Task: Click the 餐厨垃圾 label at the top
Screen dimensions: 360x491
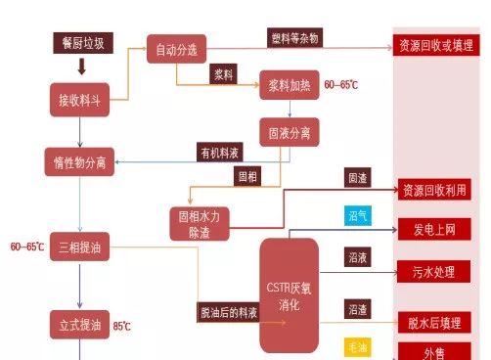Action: pos(81,43)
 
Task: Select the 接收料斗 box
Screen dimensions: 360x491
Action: pos(81,99)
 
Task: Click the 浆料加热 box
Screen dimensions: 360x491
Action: pos(289,86)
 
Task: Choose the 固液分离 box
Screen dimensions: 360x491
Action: pos(289,130)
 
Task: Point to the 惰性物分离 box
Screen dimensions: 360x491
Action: pos(81,159)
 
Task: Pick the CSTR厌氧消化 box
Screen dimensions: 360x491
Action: pos(289,295)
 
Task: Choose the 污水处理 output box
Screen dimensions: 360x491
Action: pos(434,271)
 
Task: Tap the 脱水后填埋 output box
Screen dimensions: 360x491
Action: pos(434,322)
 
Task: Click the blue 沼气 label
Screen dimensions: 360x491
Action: pos(358,215)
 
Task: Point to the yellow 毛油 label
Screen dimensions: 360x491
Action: pos(358,346)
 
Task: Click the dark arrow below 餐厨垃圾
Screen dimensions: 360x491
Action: pos(81,67)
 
